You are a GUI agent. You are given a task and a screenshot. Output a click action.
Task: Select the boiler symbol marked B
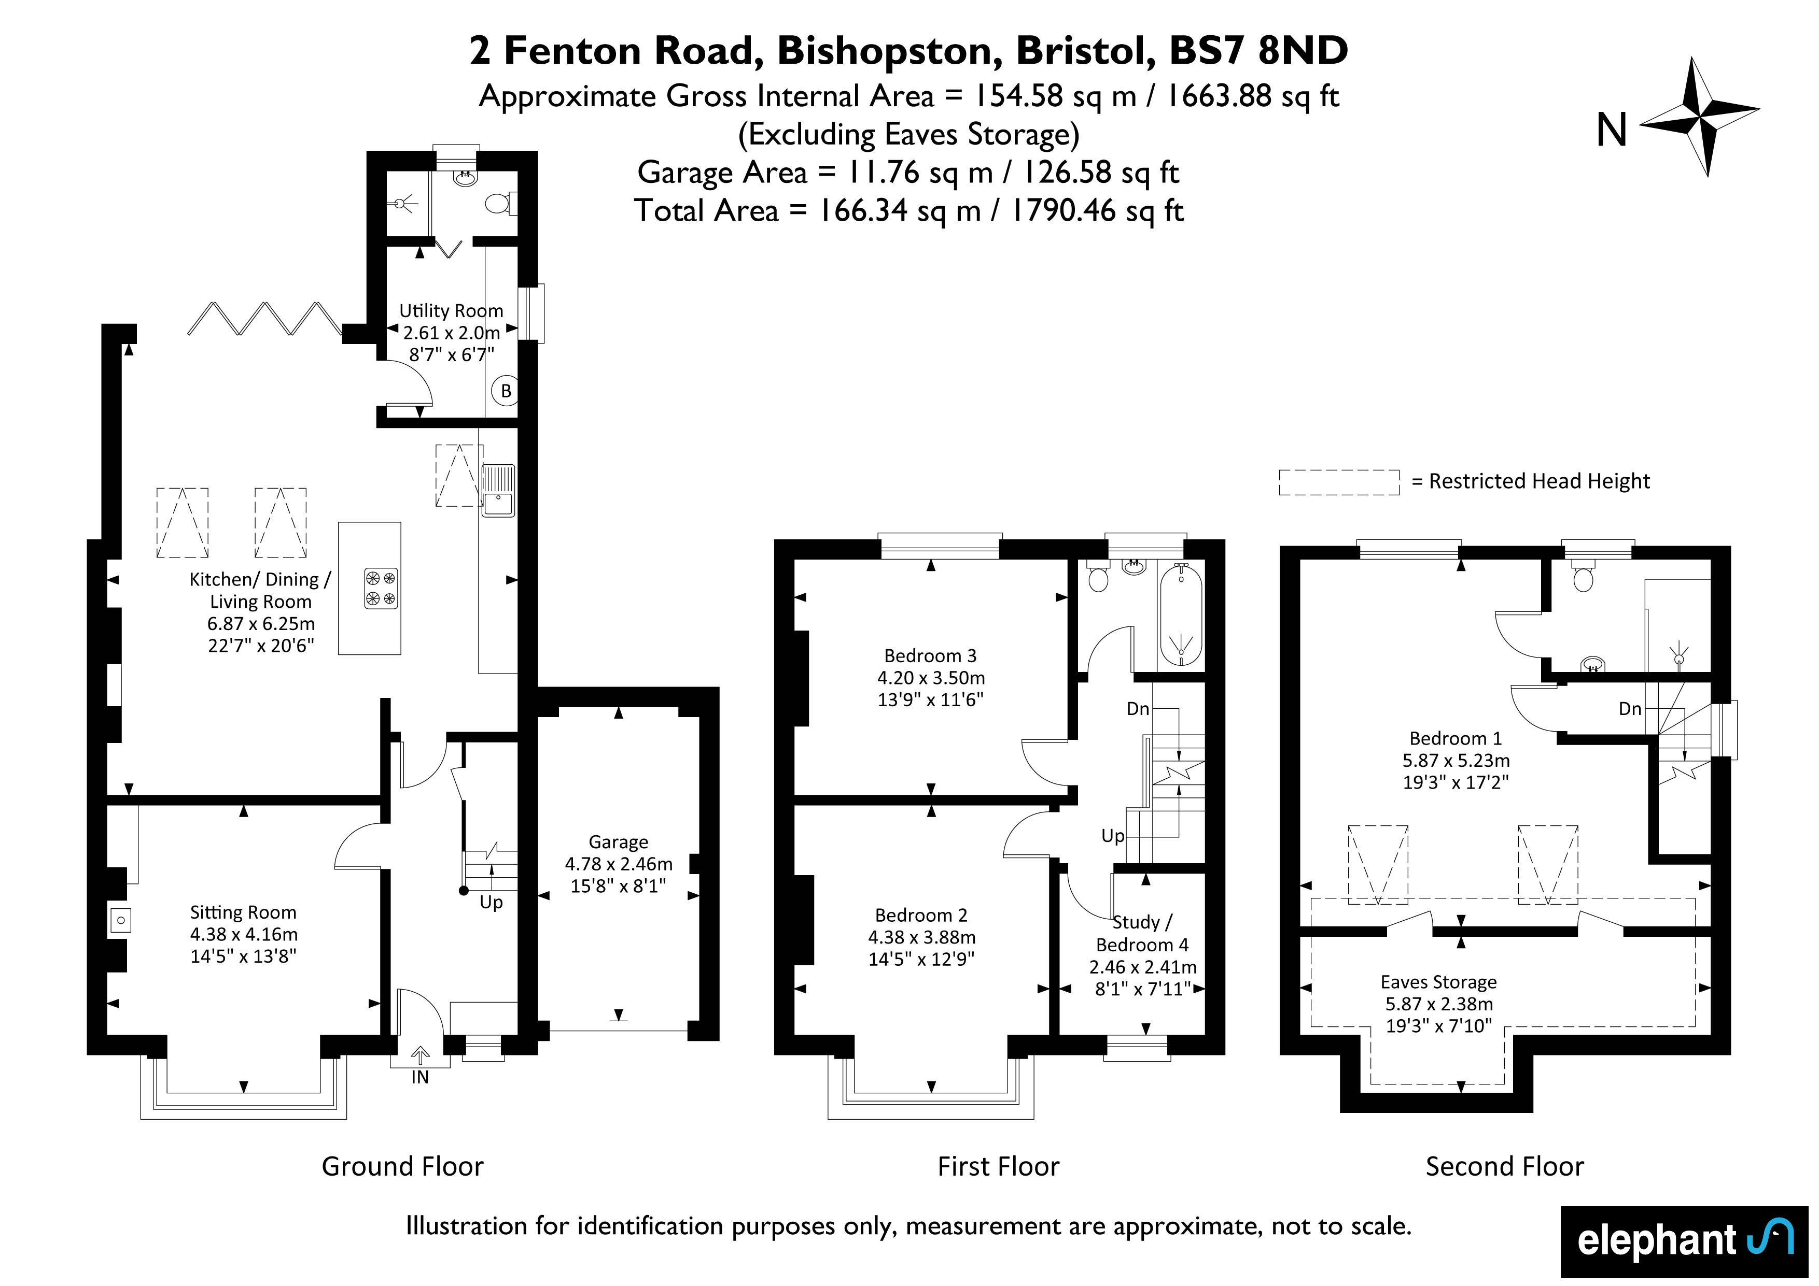point(506,391)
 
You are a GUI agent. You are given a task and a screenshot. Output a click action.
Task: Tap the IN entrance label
point(420,1078)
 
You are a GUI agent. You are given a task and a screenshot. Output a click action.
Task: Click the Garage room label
point(619,842)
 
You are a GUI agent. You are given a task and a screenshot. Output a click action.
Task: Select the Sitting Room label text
point(243,912)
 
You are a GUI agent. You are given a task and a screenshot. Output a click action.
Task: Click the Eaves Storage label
point(1439,982)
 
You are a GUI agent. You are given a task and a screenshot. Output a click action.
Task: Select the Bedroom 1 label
point(1456,739)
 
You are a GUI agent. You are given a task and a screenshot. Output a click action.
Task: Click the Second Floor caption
point(1504,1166)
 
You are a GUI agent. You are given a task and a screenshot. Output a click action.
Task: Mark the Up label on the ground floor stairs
point(491,902)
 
